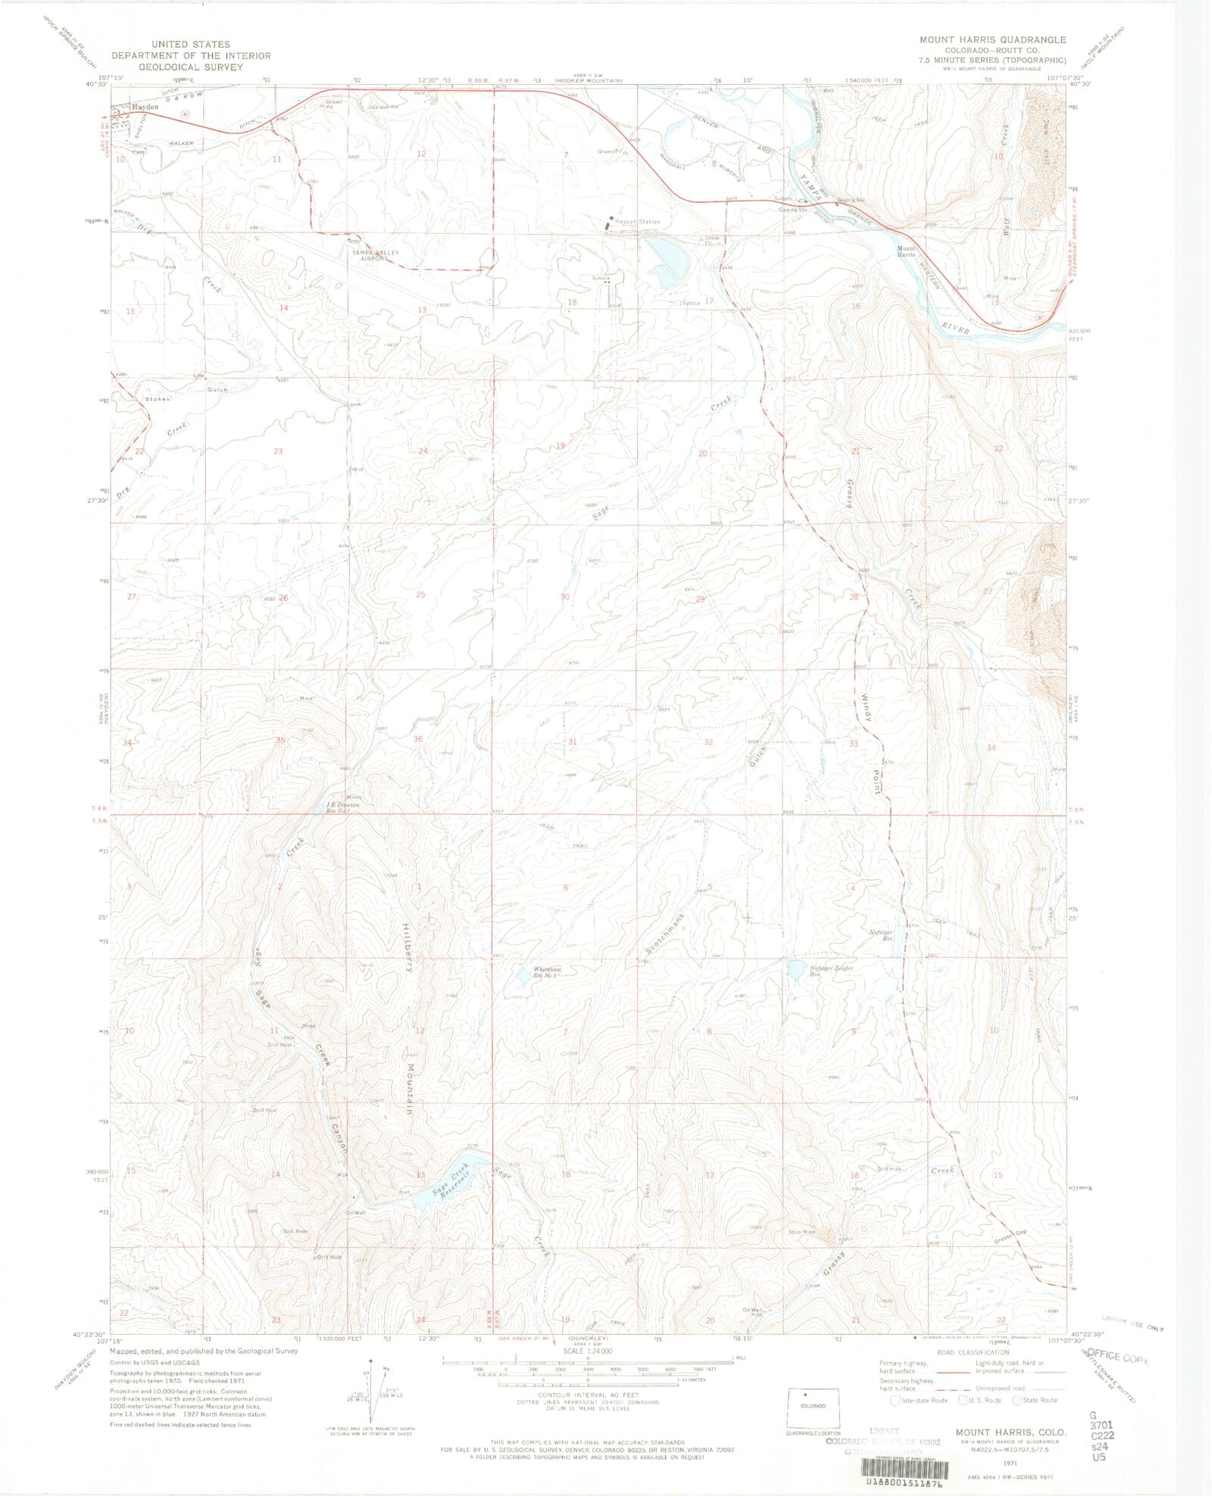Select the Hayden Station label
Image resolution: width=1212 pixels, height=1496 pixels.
click(637, 222)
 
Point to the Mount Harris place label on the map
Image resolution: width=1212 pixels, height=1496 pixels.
click(907, 251)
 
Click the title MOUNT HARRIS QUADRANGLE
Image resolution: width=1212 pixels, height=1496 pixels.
click(992, 39)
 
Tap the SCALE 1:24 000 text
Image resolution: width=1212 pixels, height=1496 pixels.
click(587, 1351)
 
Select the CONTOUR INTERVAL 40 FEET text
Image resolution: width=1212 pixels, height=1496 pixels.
click(588, 1395)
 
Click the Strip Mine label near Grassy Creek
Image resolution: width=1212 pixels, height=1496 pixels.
click(802, 1232)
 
